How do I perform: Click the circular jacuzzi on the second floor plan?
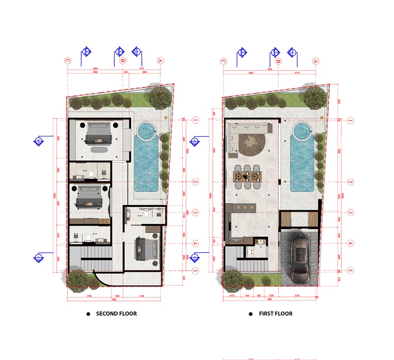[146, 131]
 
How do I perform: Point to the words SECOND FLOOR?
[116, 314]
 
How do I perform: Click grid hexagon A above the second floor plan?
[160, 61]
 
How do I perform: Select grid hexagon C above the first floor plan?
[223, 61]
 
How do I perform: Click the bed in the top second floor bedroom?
[98, 132]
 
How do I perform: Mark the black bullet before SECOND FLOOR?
[88, 314]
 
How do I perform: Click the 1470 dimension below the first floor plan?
[231, 296]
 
